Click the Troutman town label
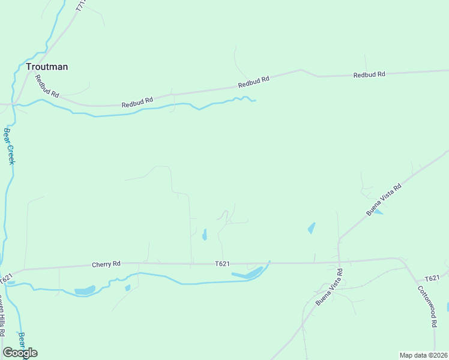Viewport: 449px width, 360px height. point(46,67)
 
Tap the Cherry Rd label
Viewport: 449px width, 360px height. point(106,264)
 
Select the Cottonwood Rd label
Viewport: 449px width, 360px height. point(427,305)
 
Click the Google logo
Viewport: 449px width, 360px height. point(20,352)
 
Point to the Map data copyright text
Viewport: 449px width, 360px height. point(423,355)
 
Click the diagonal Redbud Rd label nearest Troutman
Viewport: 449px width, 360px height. point(46,86)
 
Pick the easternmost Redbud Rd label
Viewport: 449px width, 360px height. point(369,75)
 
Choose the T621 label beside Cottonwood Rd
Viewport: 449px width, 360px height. point(432,279)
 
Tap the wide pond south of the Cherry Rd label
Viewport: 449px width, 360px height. point(85,291)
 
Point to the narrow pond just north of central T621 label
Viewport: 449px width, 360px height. point(205,234)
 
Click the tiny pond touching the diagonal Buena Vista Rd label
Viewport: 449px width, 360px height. point(379,212)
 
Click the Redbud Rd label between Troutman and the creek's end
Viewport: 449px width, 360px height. point(137,103)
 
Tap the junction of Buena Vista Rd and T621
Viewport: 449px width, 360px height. point(339,262)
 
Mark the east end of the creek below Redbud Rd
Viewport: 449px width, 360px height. point(256,100)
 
